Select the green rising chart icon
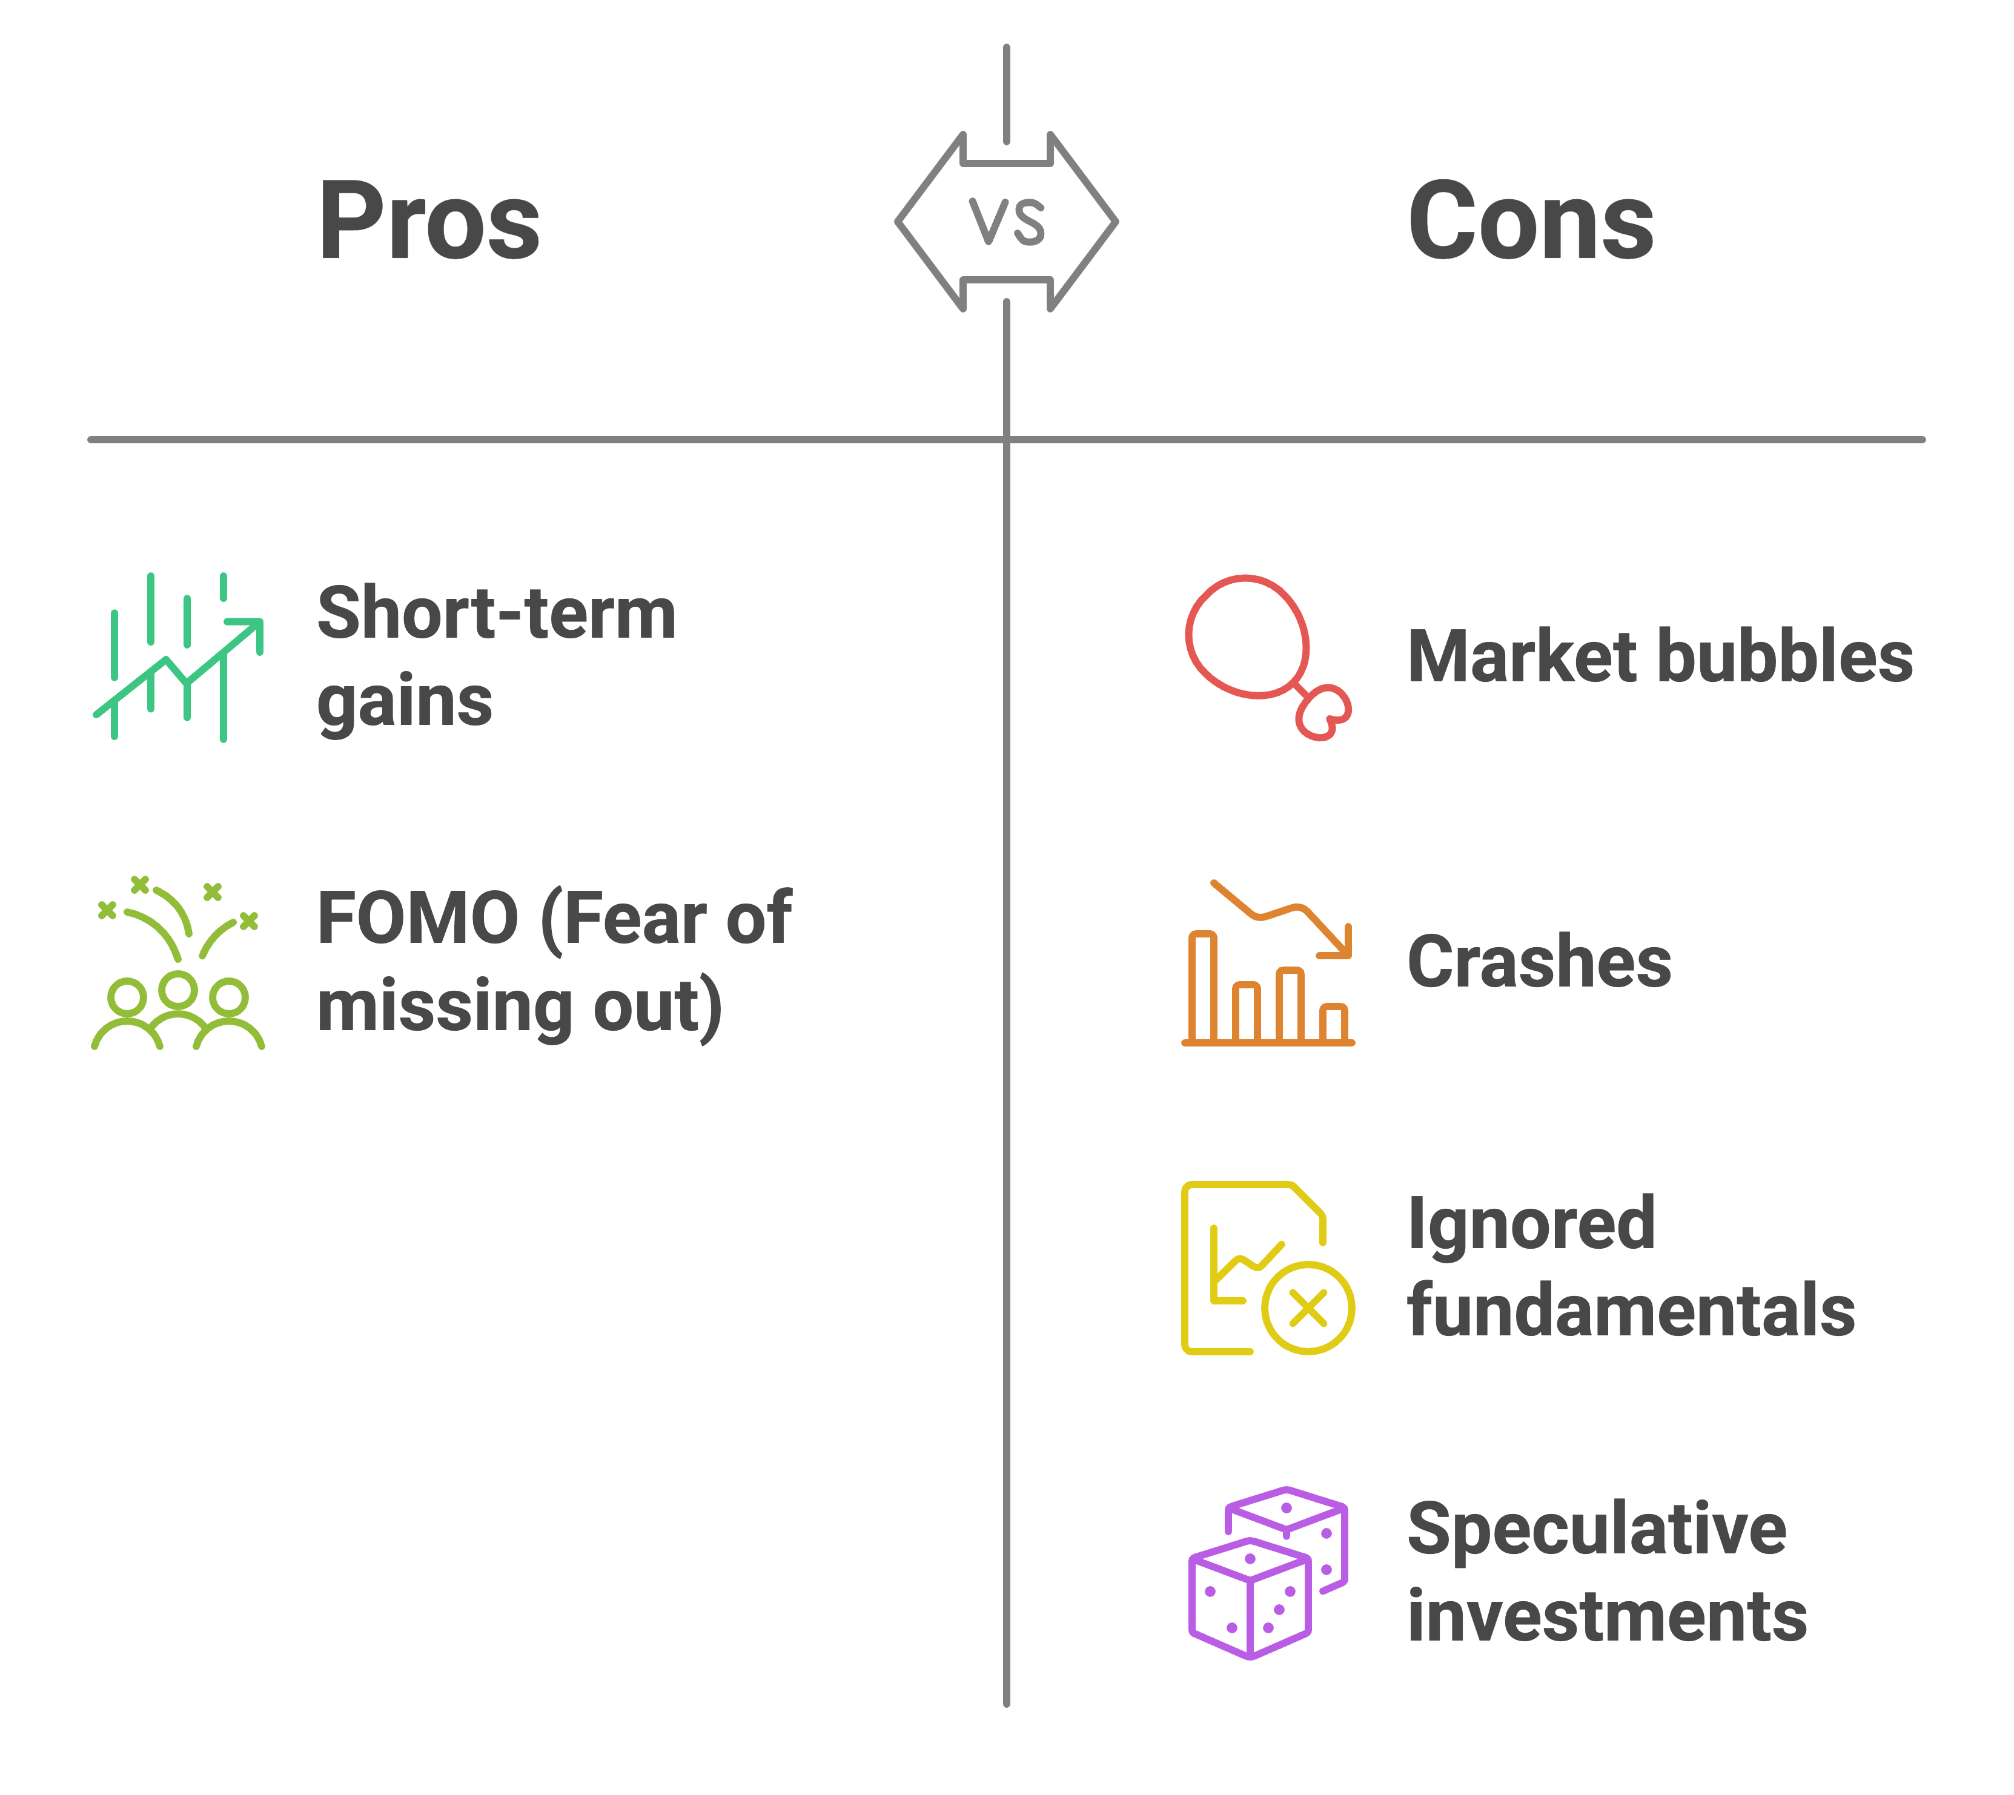[179, 657]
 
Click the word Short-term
[496, 613]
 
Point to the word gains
[405, 703]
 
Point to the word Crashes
[1539, 962]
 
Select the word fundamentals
[1631, 1312]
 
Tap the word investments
[1607, 1618]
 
